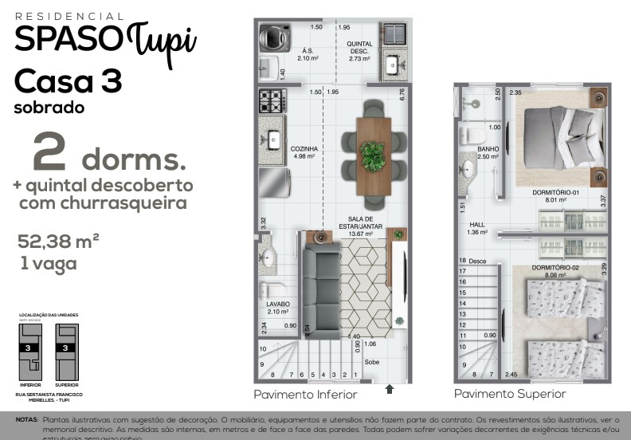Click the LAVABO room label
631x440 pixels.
click(x=279, y=304)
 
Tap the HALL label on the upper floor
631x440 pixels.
click(x=477, y=225)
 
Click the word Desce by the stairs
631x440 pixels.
click(x=477, y=261)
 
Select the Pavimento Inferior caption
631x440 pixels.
click(x=305, y=395)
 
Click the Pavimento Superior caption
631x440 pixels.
click(x=510, y=394)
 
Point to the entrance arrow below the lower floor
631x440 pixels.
click(x=390, y=389)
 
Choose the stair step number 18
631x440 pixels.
click(x=462, y=261)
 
